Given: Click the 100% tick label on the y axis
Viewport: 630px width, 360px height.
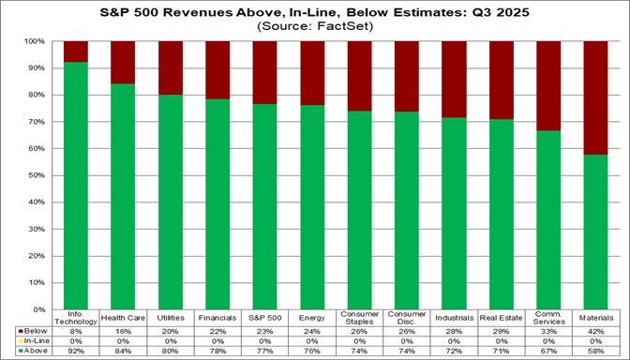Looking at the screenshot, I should [x=34, y=42].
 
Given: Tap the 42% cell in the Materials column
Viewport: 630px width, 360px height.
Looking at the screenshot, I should [x=596, y=329].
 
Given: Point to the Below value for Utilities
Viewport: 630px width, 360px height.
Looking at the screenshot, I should [x=171, y=329].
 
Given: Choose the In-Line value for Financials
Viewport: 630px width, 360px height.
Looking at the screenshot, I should [x=217, y=339].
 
